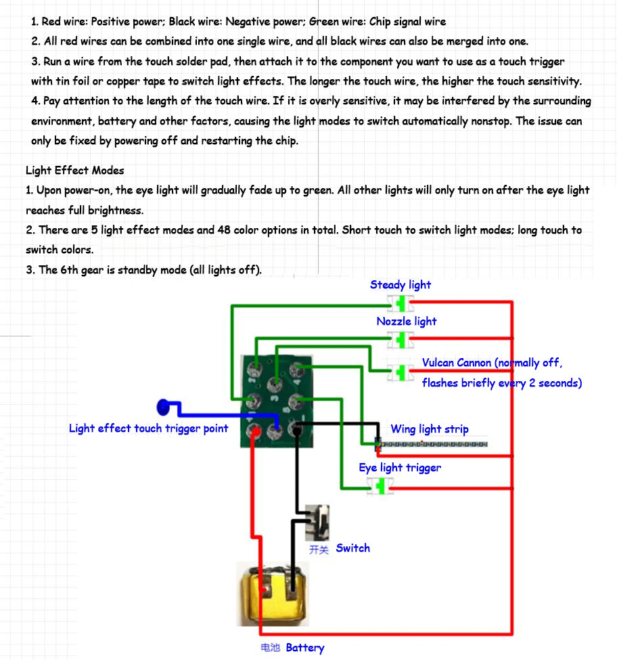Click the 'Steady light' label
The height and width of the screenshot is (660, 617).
(401, 285)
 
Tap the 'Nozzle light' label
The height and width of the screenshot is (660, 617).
(407, 322)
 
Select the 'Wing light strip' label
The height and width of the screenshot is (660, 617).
(430, 429)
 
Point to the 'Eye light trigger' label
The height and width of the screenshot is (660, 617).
(400, 468)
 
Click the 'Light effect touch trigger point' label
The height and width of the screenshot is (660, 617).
(148, 428)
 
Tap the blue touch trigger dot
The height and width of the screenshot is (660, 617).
(163, 407)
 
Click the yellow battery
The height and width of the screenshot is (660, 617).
(273, 594)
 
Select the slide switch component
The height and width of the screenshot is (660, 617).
(317, 523)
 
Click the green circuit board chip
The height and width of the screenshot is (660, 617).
(277, 401)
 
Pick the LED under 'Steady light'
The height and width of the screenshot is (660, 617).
(401, 303)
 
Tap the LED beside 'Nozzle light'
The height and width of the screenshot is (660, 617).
(401, 340)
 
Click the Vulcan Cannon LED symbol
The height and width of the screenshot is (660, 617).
(400, 372)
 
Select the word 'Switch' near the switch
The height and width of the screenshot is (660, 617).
(353, 548)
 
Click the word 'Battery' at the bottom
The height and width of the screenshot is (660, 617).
(305, 648)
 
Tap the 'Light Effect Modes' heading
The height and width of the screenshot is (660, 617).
(75, 171)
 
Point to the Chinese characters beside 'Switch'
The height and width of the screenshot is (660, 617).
(319, 549)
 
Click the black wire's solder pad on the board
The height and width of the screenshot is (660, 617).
(296, 430)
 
